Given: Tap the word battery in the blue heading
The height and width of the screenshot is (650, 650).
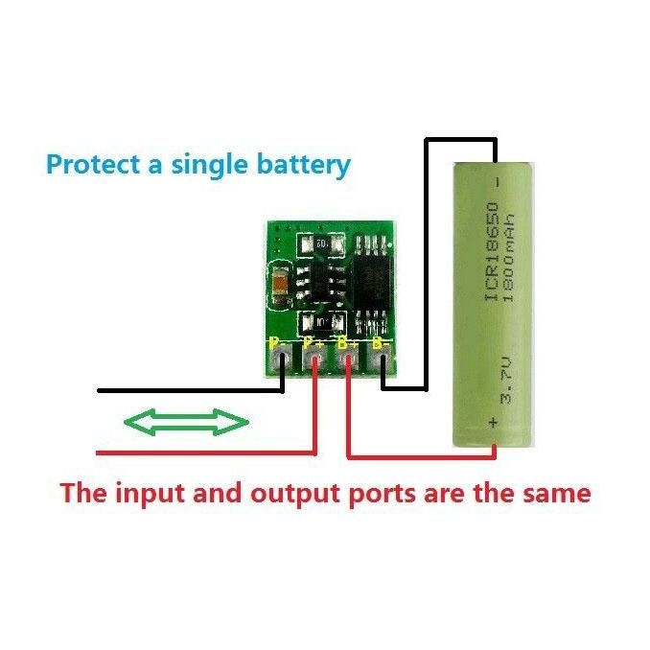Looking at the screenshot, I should [301, 164].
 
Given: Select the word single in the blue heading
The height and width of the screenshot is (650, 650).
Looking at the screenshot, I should [209, 164].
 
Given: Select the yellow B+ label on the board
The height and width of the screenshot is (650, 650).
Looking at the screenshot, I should [346, 342].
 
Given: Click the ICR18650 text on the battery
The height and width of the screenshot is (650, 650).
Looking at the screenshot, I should [492, 254].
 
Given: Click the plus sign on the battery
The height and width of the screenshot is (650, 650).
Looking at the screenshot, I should [495, 422].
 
